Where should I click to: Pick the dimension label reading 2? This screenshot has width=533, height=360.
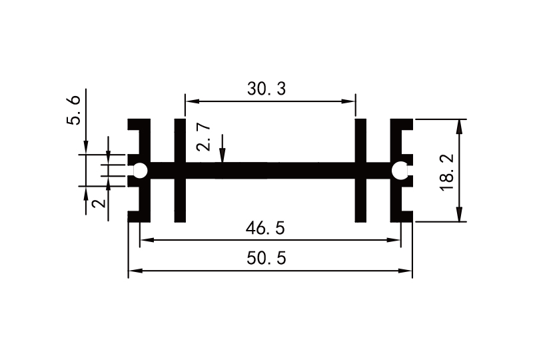(x=98, y=201)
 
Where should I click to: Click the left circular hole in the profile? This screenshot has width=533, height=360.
(x=140, y=171)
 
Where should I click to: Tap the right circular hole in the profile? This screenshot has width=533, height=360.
(x=400, y=171)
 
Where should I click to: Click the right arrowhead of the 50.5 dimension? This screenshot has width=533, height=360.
(x=407, y=271)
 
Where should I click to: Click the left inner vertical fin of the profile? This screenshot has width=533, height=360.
(x=179, y=171)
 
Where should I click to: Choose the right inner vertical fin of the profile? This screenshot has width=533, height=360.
(x=360, y=171)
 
